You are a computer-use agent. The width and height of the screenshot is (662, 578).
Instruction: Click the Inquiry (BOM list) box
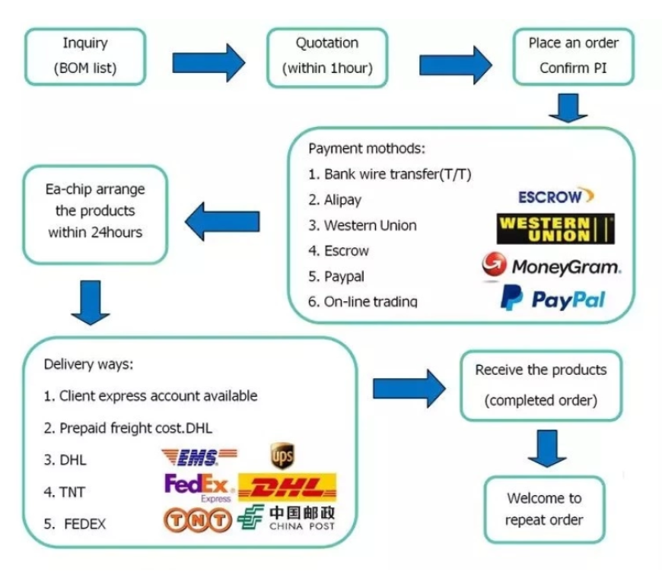pyautogui.click(x=85, y=56)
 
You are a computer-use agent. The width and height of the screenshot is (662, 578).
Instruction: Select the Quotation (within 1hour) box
pyautogui.click(x=327, y=57)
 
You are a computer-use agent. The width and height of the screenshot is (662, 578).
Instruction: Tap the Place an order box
pyautogui.click(x=573, y=56)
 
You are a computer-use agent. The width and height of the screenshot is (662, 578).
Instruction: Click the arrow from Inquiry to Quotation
pyautogui.click(x=208, y=62)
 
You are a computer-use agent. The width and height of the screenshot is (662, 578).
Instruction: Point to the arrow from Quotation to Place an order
pyautogui.click(x=456, y=65)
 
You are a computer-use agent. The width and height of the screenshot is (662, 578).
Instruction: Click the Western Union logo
pyautogui.click(x=555, y=229)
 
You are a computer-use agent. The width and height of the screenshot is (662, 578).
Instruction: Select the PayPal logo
pyautogui.click(x=552, y=298)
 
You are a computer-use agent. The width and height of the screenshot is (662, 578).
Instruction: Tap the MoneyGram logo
pyautogui.click(x=552, y=265)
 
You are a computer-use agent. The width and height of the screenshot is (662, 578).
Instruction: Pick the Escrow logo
pyautogui.click(x=556, y=195)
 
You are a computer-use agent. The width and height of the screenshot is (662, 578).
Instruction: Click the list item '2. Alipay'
pyautogui.click(x=335, y=199)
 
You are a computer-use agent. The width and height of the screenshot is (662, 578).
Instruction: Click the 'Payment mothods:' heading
pyautogui.click(x=367, y=148)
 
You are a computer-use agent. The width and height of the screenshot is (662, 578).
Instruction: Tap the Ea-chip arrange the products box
pyautogui.click(x=95, y=214)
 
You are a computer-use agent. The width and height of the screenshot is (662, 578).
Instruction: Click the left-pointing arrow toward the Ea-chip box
pyautogui.click(x=222, y=221)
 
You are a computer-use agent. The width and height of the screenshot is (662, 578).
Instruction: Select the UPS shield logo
pyautogui.click(x=282, y=456)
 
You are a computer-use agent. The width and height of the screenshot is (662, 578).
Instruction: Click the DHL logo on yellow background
pyautogui.click(x=288, y=487)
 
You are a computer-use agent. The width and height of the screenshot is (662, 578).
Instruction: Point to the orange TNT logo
pyautogui.click(x=198, y=519)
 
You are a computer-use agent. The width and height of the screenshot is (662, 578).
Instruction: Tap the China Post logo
pyautogui.click(x=286, y=517)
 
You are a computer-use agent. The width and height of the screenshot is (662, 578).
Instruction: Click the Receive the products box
pyautogui.click(x=541, y=386)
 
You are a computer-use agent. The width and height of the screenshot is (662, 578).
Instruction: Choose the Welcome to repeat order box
pyautogui.click(x=545, y=510)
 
